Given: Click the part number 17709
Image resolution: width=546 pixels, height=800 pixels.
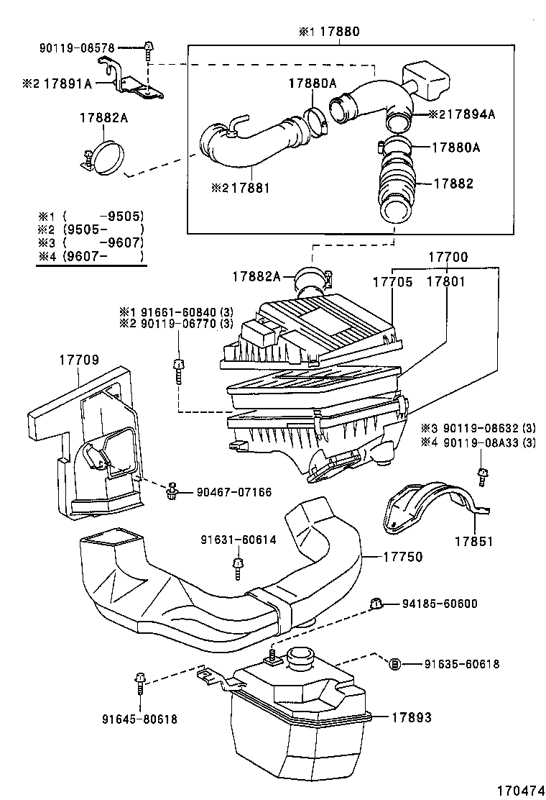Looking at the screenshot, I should [79, 359].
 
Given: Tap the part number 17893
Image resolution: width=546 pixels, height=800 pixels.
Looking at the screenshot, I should [412, 717].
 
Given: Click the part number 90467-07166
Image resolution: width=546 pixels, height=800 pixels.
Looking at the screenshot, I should [235, 492].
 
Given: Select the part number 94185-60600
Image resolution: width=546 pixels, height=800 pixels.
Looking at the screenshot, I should [440, 604].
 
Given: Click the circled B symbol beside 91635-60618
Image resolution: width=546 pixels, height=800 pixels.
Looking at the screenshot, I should [394, 664].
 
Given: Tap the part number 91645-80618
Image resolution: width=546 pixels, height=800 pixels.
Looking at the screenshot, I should [139, 718].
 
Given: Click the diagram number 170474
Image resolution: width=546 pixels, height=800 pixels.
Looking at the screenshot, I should [516, 788].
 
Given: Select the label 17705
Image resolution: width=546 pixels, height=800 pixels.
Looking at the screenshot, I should [392, 282].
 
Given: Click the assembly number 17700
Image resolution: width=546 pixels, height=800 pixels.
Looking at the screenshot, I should [448, 258].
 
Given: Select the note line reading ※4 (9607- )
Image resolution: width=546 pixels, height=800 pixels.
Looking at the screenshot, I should [91, 257].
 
